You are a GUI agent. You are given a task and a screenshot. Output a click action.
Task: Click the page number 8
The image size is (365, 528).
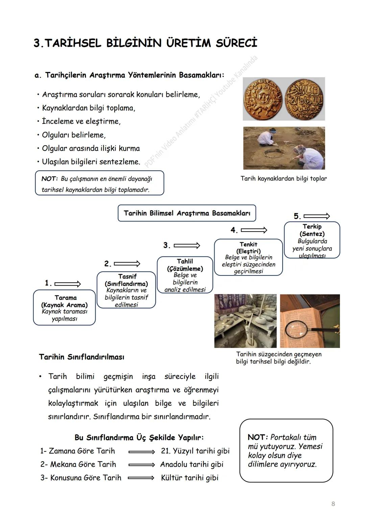click(x=333, y=504)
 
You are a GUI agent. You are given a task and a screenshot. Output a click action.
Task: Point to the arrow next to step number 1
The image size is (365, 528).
click(x=68, y=284)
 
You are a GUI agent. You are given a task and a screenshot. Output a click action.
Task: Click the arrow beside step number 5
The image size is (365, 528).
click(x=316, y=216)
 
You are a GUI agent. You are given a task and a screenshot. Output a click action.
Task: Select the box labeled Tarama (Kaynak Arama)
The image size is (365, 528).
click(x=64, y=308)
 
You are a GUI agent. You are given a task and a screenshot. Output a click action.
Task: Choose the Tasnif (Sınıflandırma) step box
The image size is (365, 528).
click(x=126, y=290)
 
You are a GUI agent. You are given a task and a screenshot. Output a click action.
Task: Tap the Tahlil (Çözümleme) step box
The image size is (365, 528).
click(x=185, y=275)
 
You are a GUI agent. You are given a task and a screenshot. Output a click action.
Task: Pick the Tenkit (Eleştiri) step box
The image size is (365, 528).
click(x=248, y=257)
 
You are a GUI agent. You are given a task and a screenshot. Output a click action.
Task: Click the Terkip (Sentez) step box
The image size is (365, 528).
click(x=312, y=240)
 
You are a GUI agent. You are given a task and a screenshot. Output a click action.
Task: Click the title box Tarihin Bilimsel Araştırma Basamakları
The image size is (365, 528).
click(x=187, y=213)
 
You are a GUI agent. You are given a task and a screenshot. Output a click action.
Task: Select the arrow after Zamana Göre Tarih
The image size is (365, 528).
click(x=141, y=452)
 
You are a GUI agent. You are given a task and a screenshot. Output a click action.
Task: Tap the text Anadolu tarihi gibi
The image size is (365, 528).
click(x=192, y=464)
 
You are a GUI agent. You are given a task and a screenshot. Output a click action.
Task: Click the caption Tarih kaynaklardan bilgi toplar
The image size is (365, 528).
click(x=284, y=178)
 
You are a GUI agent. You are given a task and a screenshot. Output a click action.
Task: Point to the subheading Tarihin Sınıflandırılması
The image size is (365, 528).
click(x=81, y=357)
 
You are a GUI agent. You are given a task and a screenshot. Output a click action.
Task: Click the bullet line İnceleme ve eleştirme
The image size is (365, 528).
click(x=81, y=121)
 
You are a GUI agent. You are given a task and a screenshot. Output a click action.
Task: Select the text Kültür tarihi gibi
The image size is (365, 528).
click(x=190, y=478)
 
